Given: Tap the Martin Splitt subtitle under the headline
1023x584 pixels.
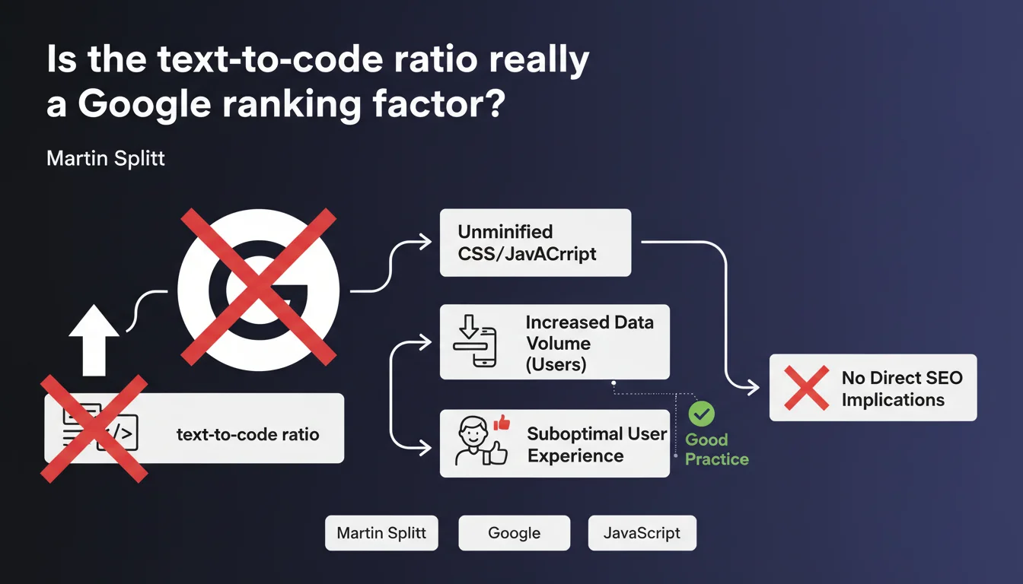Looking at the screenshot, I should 106,158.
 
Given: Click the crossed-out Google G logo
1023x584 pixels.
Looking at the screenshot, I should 258,290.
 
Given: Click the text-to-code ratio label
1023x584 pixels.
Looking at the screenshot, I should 247,435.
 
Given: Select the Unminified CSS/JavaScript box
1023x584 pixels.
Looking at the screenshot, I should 535,243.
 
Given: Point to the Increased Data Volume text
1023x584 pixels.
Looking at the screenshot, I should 588,342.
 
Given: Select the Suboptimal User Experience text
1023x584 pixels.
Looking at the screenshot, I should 596,445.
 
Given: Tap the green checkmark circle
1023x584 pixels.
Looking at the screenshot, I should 701,414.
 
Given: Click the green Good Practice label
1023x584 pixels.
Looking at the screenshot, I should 716,449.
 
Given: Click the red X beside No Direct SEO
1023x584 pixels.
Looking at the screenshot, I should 806,388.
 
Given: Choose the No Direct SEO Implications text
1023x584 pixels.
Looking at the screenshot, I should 902,388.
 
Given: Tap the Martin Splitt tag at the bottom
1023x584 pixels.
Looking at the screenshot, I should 381,533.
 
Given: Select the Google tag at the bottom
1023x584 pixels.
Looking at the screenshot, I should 514,533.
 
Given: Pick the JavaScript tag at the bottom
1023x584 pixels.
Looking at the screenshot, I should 642,533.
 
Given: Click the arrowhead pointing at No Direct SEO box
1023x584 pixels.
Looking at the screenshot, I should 754,388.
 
